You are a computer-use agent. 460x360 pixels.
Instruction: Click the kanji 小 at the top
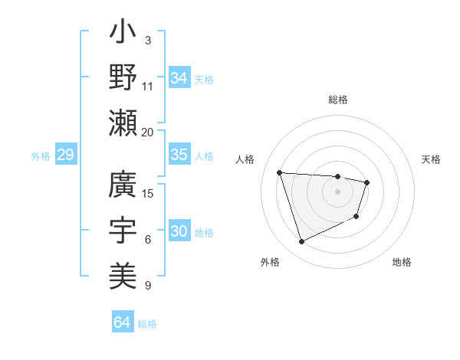click(123, 34)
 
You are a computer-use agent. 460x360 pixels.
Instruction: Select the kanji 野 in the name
click(123, 77)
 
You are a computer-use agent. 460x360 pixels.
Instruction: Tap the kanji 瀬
click(123, 120)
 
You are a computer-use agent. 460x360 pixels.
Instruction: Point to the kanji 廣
click(123, 187)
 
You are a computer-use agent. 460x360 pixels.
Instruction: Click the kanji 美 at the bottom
click(123, 273)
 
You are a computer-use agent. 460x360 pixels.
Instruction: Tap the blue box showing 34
click(179, 77)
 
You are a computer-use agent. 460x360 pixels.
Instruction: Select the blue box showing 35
click(179, 155)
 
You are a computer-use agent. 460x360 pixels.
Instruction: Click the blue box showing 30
click(179, 231)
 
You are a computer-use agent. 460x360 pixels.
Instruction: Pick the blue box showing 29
click(65, 155)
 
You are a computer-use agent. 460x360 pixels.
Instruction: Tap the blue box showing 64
click(122, 322)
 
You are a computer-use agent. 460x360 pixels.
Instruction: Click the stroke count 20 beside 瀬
click(148, 132)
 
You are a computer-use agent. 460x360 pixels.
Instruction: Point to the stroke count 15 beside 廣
click(149, 193)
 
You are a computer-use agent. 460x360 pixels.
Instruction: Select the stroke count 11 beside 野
click(148, 86)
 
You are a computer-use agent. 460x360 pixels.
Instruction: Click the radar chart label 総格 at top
click(338, 100)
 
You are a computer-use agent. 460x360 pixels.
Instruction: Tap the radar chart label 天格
click(431, 159)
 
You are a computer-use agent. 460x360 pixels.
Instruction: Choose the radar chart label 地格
click(402, 262)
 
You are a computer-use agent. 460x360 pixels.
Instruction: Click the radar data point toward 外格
click(301, 242)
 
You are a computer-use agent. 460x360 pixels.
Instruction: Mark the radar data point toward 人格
click(280, 172)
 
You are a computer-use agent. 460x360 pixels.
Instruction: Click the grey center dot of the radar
click(338, 191)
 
